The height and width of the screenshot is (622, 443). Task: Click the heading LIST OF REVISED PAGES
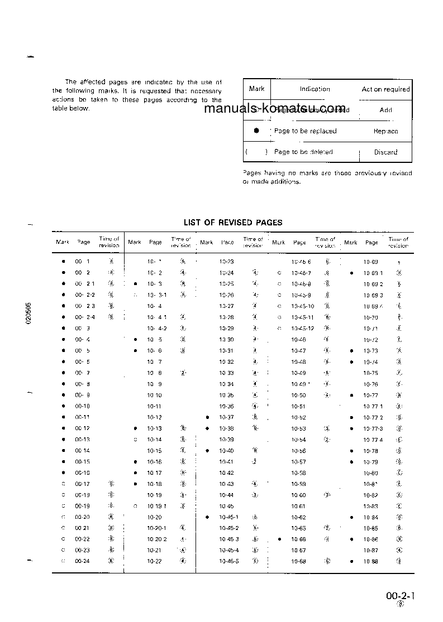click(233, 223)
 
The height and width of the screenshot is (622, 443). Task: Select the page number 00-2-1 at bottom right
click(399, 596)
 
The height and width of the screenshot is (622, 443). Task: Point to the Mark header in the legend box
click(257, 89)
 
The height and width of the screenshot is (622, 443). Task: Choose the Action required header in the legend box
click(385, 89)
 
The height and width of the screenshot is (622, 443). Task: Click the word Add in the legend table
click(385, 110)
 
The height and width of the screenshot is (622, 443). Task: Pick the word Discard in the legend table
click(385, 152)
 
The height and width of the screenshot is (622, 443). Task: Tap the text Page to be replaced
click(305, 131)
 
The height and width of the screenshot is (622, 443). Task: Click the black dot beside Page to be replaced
click(256, 131)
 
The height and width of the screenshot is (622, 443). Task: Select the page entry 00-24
click(82, 561)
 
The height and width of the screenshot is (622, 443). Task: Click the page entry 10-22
click(154, 561)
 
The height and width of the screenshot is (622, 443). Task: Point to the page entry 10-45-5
click(229, 561)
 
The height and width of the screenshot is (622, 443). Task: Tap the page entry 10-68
click(299, 561)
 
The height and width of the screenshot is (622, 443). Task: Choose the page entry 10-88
click(371, 561)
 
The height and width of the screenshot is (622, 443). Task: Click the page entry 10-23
click(227, 262)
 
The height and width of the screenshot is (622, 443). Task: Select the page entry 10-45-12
click(303, 328)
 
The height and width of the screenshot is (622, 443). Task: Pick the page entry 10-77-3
click(373, 428)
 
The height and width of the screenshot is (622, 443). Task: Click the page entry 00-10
click(82, 406)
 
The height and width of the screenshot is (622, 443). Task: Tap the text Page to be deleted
click(303, 152)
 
